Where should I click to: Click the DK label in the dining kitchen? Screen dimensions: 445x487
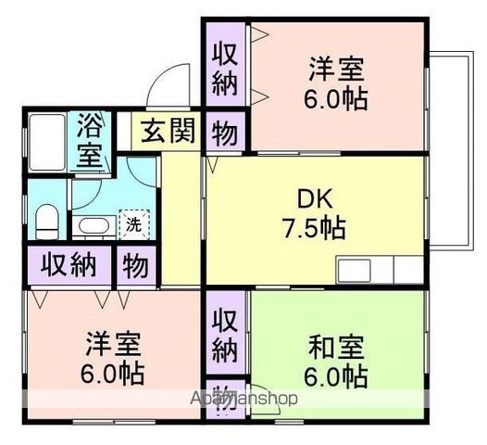click(313, 198)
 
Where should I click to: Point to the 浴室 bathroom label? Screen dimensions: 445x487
click(90, 141)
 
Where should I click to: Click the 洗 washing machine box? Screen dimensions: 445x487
click(133, 223)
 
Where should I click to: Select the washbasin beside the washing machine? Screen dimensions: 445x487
click(92, 225)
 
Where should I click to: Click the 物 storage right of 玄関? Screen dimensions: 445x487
click(223, 132)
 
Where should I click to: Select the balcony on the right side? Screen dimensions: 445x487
click(450, 148)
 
